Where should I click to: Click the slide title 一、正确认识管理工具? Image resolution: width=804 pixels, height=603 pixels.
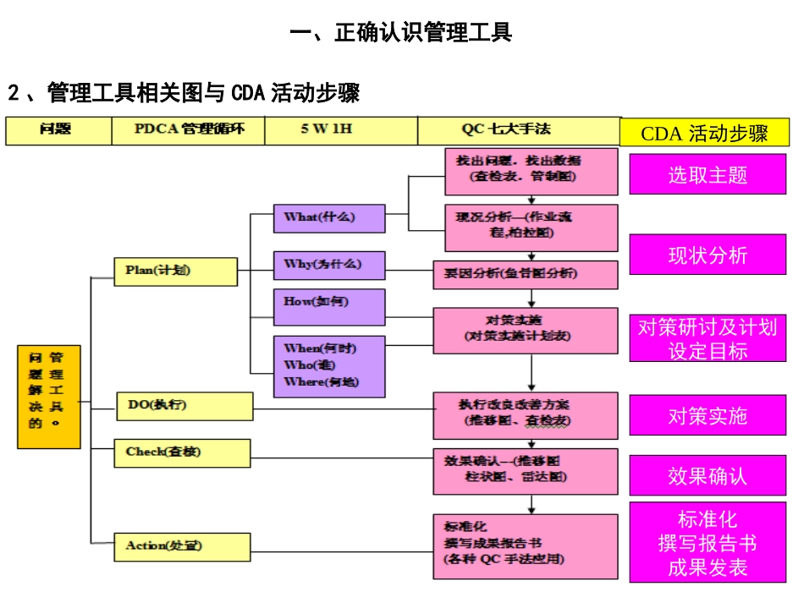tap(401, 33)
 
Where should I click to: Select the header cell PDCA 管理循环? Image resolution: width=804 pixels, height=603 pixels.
tap(188, 130)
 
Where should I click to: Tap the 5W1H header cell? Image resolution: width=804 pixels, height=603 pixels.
tap(340, 130)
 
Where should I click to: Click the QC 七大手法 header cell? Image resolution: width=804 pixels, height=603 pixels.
tap(517, 130)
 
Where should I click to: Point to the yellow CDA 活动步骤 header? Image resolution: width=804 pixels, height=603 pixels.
tap(704, 134)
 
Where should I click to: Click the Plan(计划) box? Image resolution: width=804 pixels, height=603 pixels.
tap(176, 271)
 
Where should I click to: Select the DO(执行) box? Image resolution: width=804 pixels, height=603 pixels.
tap(184, 406)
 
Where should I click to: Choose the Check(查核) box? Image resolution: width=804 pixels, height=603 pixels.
tap(182, 452)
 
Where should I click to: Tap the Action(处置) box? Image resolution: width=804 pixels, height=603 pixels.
tap(182, 546)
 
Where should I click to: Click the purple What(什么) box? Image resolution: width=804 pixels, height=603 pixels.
tap(328, 217)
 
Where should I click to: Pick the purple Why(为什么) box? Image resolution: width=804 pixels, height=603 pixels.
tap(328, 265)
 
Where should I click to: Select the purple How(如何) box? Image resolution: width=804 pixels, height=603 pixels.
tap(328, 306)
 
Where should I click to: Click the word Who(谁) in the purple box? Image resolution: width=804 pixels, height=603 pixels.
tap(309, 365)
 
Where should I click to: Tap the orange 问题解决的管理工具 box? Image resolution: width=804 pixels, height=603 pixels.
tap(49, 396)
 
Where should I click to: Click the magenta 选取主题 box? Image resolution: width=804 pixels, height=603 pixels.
tap(708, 175)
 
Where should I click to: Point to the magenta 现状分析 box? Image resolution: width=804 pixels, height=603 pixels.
tap(708, 255)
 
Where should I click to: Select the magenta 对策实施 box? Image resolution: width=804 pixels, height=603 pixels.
tap(708, 415)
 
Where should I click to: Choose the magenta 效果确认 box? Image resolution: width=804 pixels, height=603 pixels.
tap(708, 476)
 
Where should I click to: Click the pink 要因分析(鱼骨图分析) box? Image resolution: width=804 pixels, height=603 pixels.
tap(526, 274)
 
